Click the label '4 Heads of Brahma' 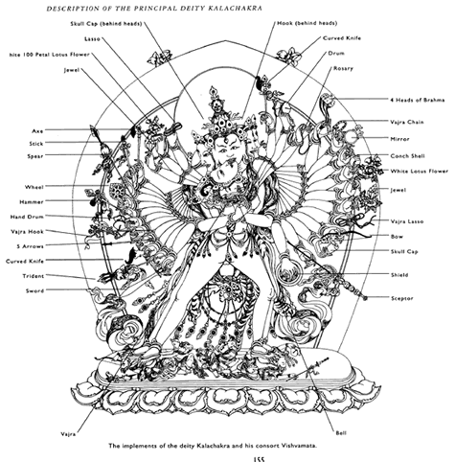pyautogui.click(x=418, y=100)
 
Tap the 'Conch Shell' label pyautogui.click(x=407, y=156)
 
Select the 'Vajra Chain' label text pyautogui.click(x=407, y=122)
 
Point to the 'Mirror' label pyautogui.click(x=399, y=139)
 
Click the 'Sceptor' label pyautogui.click(x=402, y=298)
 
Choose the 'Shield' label pyautogui.click(x=399, y=275)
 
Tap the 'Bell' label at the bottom pyautogui.click(x=341, y=433)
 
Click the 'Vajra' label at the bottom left pyautogui.click(x=68, y=434)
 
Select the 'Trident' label pyautogui.click(x=34, y=276)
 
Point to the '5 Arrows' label pyautogui.click(x=30, y=246)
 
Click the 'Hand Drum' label pyautogui.click(x=27, y=217)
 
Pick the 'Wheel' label pyautogui.click(x=34, y=187)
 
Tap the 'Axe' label pyautogui.click(x=37, y=131)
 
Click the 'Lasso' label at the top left pyautogui.click(x=92, y=39)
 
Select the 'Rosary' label pyautogui.click(x=343, y=68)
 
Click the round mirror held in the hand pyautogui.click(x=352, y=137)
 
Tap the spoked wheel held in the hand pyautogui.click(x=117, y=191)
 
